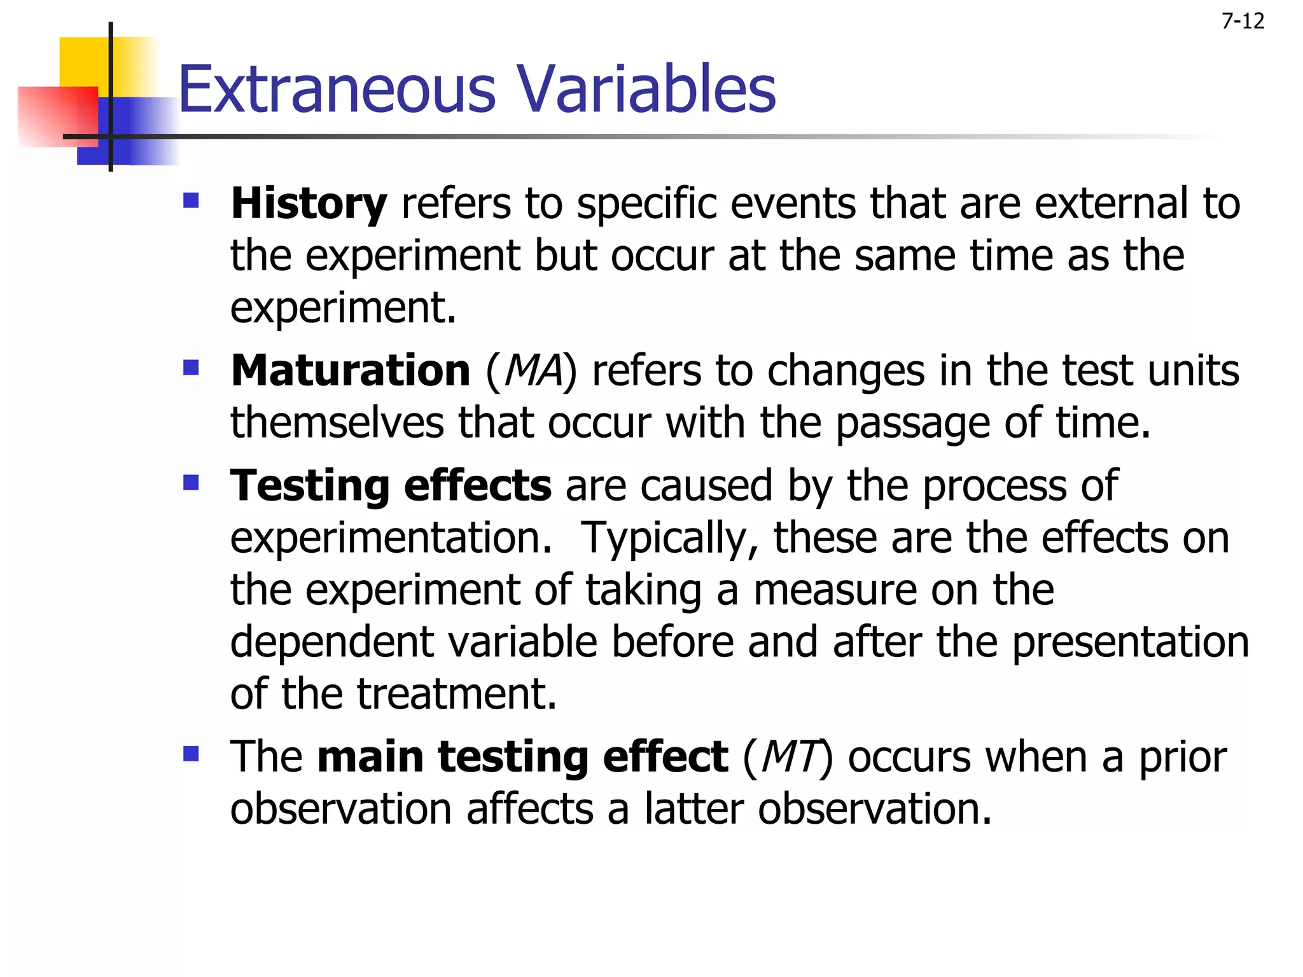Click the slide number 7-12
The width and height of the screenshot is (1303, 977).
click(1243, 22)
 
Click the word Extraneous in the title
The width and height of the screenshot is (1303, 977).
click(337, 90)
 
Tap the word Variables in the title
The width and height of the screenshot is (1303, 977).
click(646, 90)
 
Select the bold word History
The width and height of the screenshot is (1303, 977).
click(309, 205)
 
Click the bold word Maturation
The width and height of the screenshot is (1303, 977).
click(351, 371)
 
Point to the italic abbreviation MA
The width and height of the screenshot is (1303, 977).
click(533, 371)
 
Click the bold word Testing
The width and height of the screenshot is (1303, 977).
click(310, 487)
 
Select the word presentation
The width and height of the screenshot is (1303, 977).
click(1130, 642)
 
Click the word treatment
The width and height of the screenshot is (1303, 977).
click(456, 695)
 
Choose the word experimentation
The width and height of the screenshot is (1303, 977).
click(391, 539)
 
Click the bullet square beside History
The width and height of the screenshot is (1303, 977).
click(191, 202)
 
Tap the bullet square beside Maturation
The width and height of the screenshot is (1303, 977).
click(191, 368)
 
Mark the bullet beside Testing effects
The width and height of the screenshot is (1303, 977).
click(191, 483)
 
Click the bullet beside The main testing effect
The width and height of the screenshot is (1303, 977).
click(191, 754)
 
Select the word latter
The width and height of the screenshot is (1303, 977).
click(693, 809)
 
